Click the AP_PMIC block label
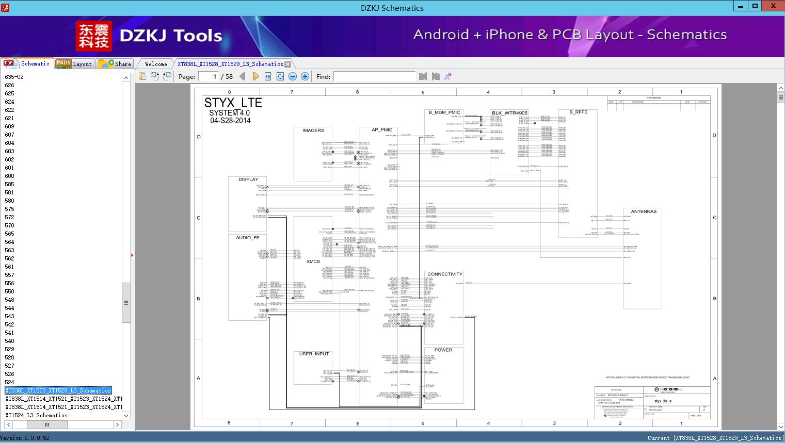coord(382,130)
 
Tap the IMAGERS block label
coord(313,130)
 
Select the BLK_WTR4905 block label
coord(509,113)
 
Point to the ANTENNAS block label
coord(644,211)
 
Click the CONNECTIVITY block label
coord(444,274)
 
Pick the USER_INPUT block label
coord(314,354)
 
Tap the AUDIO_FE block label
coord(248,238)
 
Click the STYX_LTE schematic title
coord(233,103)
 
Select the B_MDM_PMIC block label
coord(444,112)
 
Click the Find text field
coord(374,76)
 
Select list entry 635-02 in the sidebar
coord(14,77)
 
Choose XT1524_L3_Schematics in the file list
coord(36,415)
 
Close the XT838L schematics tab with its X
coord(288,64)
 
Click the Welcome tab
coord(156,64)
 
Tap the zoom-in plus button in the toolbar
coord(305,76)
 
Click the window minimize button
coord(741,6)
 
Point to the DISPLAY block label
coord(248,179)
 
